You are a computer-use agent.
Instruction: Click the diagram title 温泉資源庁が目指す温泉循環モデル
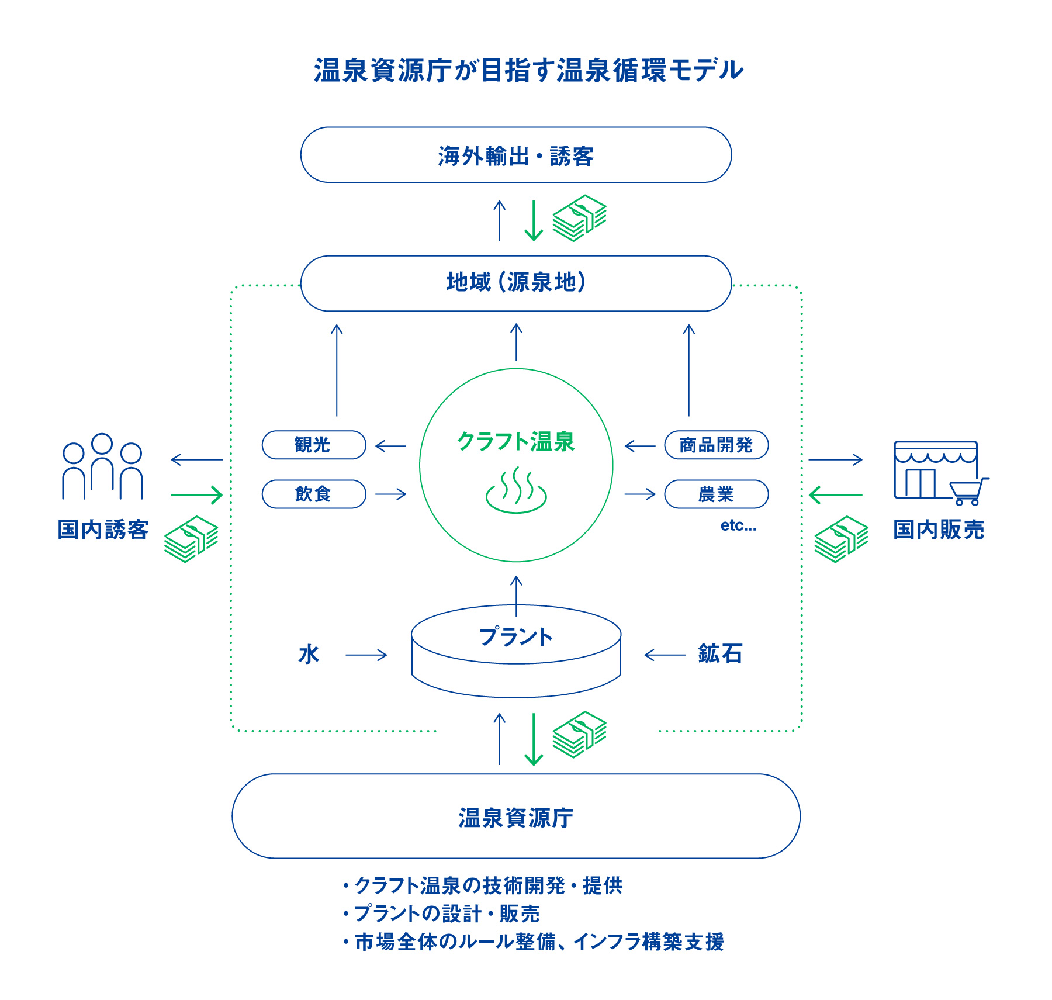pyautogui.click(x=528, y=71)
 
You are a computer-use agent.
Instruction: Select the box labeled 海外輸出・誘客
pyautogui.click(x=515, y=155)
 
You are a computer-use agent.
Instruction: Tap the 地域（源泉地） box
pyautogui.click(x=515, y=283)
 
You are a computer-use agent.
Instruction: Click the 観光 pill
pyautogui.click(x=314, y=445)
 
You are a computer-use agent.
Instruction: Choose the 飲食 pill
pyautogui.click(x=314, y=494)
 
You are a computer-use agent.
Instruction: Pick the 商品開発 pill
pyautogui.click(x=716, y=445)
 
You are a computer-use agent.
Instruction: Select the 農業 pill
pyautogui.click(x=716, y=494)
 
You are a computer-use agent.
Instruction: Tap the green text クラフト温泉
pyautogui.click(x=516, y=442)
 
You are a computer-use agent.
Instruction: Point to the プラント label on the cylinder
pyautogui.click(x=515, y=637)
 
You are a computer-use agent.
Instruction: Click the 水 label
pyautogui.click(x=309, y=655)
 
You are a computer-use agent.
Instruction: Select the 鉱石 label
pyautogui.click(x=720, y=654)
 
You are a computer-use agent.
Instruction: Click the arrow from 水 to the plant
pyautogui.click(x=366, y=655)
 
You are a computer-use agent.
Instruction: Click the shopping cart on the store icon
pyautogui.click(x=968, y=492)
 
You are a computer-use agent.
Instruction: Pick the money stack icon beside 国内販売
pyautogui.click(x=840, y=539)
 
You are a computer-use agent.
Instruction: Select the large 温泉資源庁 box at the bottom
pyautogui.click(x=515, y=816)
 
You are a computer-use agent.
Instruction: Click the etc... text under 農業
pyautogui.click(x=738, y=525)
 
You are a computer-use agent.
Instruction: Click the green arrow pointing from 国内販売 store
pyautogui.click(x=836, y=495)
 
